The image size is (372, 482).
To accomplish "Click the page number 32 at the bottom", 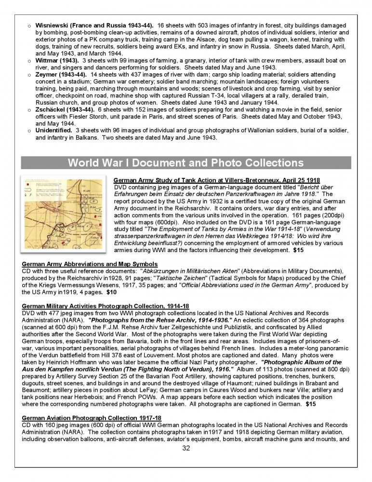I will [x=186, y=448].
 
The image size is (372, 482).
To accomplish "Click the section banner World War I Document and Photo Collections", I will [x=186, y=162].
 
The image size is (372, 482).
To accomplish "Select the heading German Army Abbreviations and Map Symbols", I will [x=90, y=264].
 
